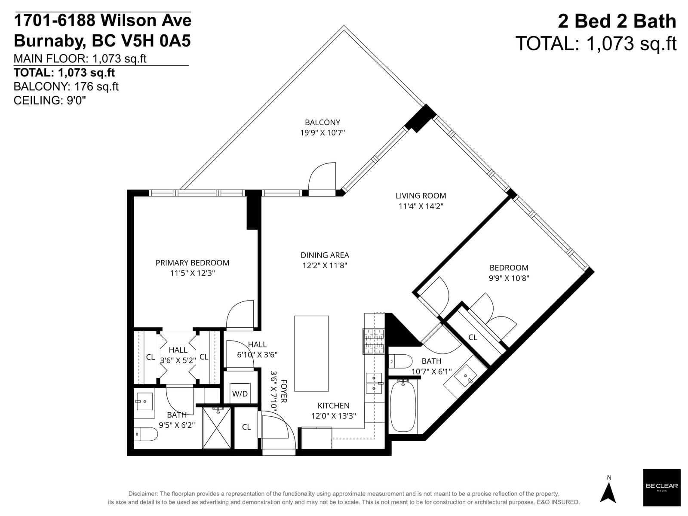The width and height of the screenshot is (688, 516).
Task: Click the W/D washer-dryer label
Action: click(x=240, y=393)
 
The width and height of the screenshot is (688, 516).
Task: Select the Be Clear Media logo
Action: click(x=662, y=487)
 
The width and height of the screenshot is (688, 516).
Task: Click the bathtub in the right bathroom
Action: click(x=403, y=405)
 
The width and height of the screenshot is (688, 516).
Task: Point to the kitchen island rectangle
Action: click(x=311, y=353)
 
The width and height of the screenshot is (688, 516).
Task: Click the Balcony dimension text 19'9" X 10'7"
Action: click(x=322, y=132)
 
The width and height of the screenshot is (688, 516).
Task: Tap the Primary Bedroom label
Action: click(x=193, y=263)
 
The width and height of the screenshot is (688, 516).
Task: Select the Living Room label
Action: click(x=421, y=196)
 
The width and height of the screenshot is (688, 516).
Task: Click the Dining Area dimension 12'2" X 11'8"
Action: click(x=325, y=266)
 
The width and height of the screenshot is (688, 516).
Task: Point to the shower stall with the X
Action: click(x=217, y=428)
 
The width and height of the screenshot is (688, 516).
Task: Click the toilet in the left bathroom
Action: click(x=146, y=434)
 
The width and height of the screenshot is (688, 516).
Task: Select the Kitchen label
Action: click(x=333, y=406)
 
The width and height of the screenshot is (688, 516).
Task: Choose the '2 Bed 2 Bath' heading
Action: click(x=617, y=21)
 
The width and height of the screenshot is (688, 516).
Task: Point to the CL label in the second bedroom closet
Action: click(x=473, y=338)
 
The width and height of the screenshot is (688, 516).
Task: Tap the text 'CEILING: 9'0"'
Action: click(x=49, y=100)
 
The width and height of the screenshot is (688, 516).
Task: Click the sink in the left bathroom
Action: click(x=144, y=401)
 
